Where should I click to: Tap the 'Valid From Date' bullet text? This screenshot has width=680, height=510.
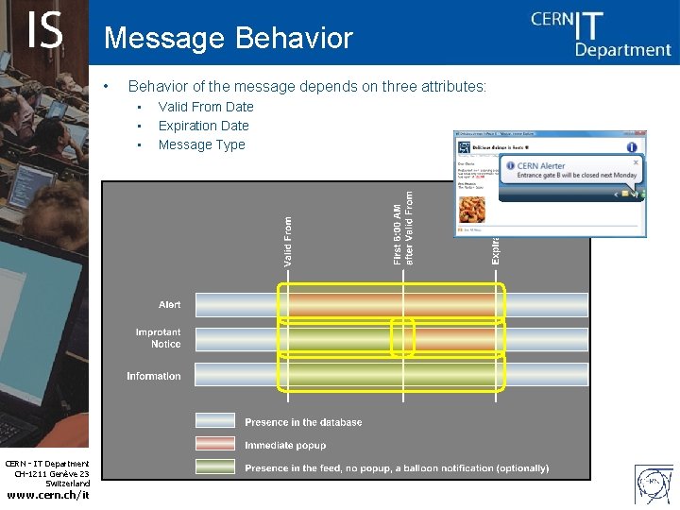(x=206, y=107)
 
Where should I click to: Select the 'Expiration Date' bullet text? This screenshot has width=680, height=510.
(x=204, y=126)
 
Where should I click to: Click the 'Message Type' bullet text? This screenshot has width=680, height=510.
(x=201, y=144)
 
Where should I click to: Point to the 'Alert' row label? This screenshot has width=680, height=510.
(x=169, y=305)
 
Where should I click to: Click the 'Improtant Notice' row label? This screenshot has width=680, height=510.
(x=158, y=338)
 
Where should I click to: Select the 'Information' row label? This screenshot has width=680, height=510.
(x=154, y=376)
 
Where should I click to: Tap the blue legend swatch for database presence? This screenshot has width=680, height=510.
(x=215, y=421)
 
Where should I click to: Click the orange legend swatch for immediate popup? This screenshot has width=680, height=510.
(x=215, y=444)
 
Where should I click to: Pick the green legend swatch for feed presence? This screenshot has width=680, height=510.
(x=215, y=467)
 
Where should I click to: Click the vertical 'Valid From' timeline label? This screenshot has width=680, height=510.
(x=289, y=241)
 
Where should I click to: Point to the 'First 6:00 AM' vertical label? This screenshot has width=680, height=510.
(x=397, y=229)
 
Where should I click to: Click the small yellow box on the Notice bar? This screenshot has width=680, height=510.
(x=403, y=338)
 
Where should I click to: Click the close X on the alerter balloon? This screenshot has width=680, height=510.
(x=636, y=162)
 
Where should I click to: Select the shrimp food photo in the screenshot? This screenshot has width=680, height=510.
(x=471, y=209)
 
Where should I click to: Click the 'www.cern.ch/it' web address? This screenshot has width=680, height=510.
(x=47, y=495)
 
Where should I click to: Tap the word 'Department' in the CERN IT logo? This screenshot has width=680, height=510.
(x=622, y=49)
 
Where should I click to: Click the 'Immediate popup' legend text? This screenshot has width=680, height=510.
(x=285, y=445)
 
